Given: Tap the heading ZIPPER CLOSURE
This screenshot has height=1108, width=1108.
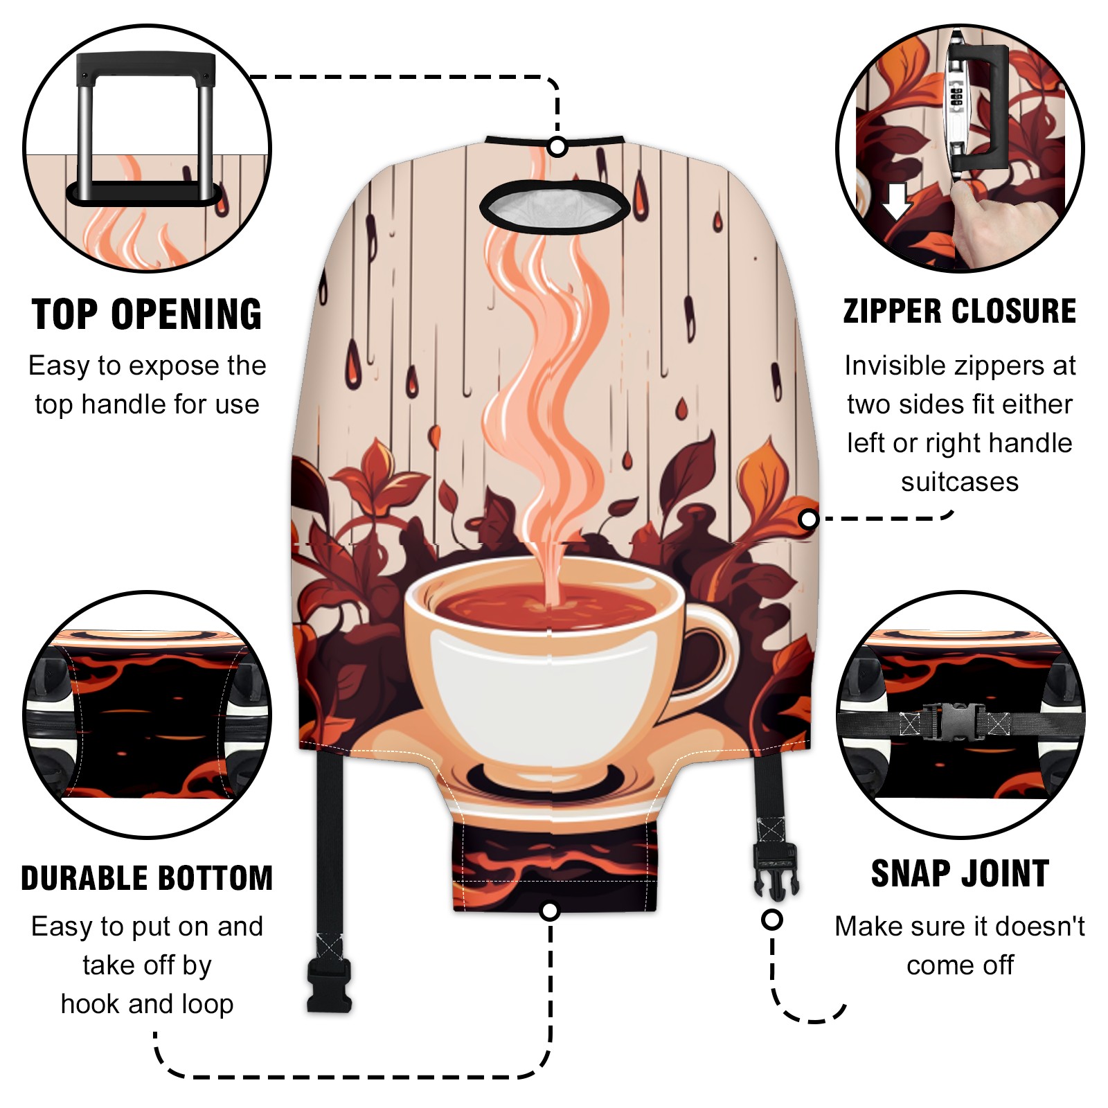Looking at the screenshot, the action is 960,311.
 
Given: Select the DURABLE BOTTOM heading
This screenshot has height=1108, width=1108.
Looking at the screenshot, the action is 147,877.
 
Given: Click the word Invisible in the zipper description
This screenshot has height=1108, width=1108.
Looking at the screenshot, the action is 891,365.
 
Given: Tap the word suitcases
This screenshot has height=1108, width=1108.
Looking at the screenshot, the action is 960,481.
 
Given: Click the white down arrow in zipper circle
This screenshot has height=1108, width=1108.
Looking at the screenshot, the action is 897,202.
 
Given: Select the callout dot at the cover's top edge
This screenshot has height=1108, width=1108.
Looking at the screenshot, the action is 557,147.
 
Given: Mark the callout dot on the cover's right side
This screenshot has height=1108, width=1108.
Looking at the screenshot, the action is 808,519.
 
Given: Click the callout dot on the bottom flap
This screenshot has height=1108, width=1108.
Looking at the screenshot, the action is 550,911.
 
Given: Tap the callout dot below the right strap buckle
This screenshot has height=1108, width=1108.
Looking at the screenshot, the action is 772,920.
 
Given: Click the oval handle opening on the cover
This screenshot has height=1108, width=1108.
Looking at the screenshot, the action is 555,206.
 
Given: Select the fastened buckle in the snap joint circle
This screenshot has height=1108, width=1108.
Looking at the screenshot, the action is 954,722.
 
